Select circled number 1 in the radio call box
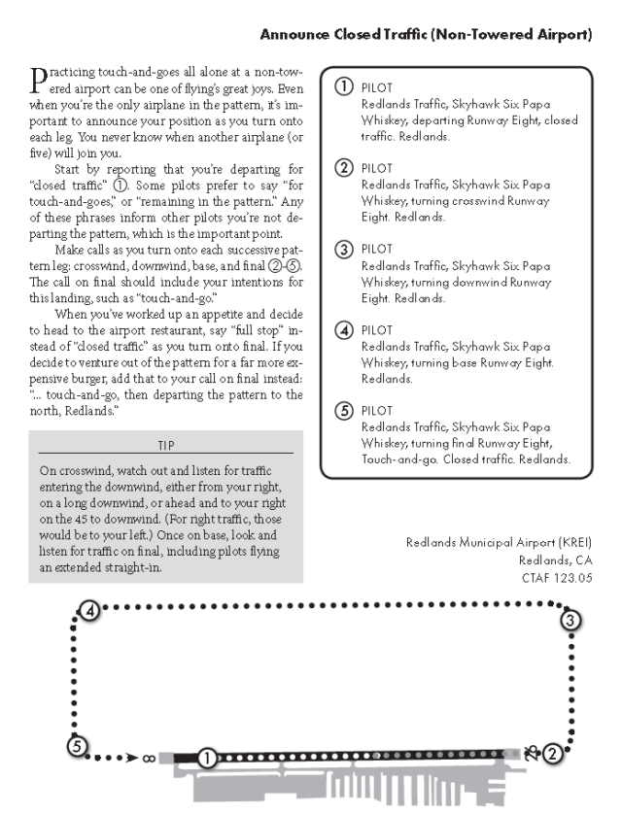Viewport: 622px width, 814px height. (343, 86)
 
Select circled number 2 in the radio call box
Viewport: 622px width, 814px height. (343, 167)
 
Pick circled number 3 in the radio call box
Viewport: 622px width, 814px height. (343, 248)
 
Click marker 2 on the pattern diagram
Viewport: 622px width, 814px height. (552, 751)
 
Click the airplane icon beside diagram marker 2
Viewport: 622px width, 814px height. (532, 750)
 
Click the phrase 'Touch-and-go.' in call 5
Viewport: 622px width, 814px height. (397, 459)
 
